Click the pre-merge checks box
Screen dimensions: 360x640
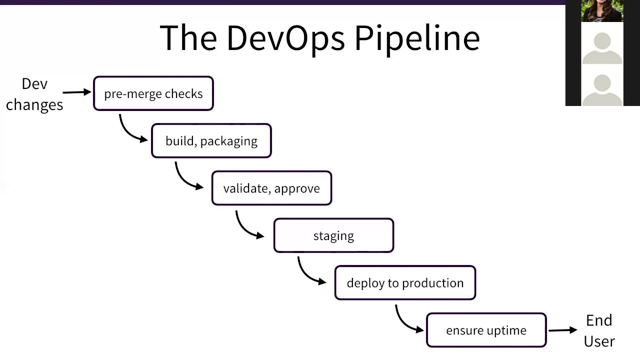(153, 93)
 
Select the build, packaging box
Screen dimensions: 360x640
(211, 141)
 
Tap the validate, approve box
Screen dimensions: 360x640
(271, 188)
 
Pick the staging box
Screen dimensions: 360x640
(333, 235)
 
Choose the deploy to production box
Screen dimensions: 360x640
(405, 283)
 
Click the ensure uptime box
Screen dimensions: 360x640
(486, 330)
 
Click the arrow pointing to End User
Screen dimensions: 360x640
(563, 330)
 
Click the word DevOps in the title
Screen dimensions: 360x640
(285, 38)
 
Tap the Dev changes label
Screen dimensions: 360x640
(34, 94)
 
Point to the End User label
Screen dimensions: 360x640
(599, 330)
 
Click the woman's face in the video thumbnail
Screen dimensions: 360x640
(601, 9)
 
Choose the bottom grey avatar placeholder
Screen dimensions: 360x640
(602, 88)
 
